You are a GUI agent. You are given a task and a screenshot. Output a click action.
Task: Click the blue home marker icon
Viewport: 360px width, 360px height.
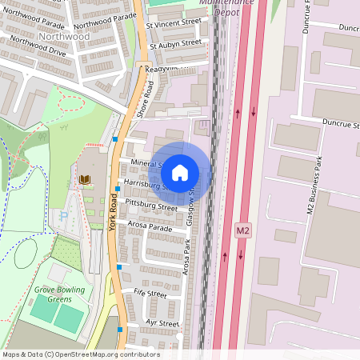click(x=180, y=172)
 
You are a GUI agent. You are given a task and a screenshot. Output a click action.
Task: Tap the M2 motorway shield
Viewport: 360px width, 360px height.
click(x=244, y=230)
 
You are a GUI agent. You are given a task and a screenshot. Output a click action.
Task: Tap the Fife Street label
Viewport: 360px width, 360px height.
click(x=150, y=294)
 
